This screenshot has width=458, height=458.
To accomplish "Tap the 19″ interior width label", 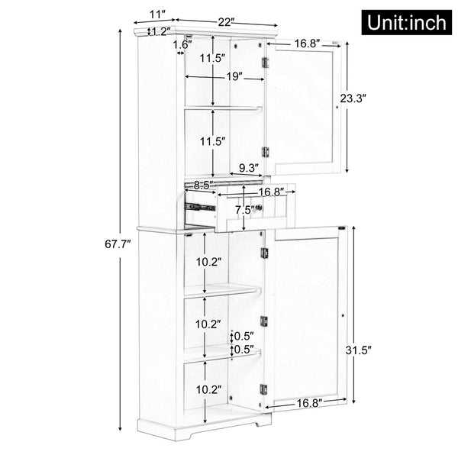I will (x=233, y=76).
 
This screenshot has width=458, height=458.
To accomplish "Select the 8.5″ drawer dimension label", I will (x=202, y=185).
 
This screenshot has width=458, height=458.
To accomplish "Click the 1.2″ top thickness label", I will (x=160, y=31).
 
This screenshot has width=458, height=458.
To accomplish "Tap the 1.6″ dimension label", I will (x=182, y=46).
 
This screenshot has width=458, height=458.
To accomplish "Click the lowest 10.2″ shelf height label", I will (x=208, y=389).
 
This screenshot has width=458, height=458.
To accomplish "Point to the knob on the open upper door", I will (x=337, y=108).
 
